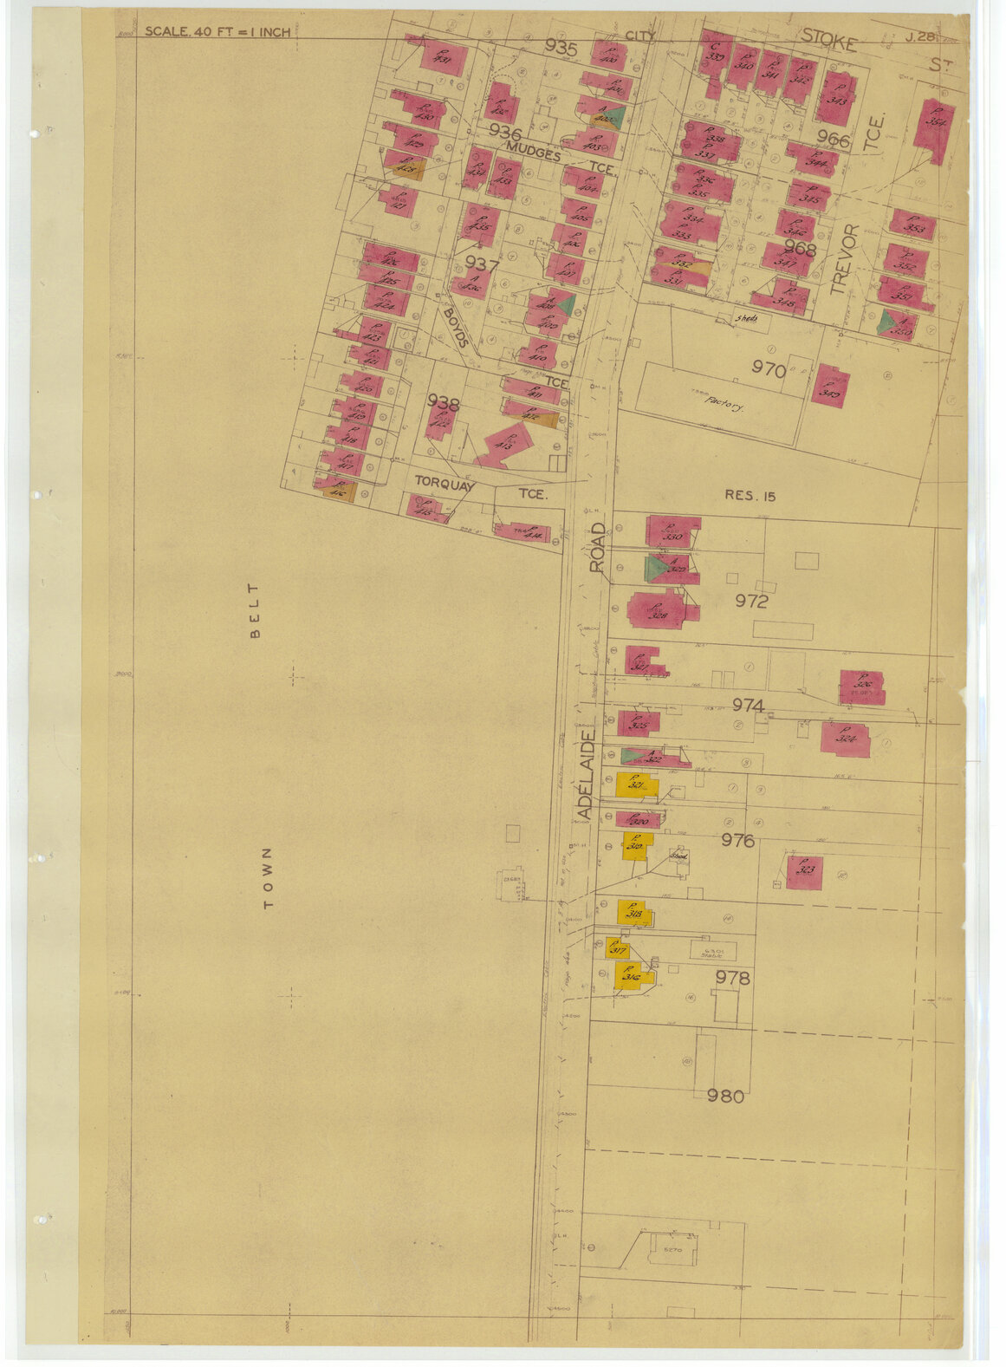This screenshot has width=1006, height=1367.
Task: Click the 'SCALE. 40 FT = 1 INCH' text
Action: tap(217, 32)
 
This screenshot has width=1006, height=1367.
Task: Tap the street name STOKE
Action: tap(828, 39)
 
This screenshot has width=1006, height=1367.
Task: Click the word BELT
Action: tap(255, 622)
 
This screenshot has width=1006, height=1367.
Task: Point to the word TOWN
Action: tap(268, 877)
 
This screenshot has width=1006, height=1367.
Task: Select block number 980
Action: tap(725, 1097)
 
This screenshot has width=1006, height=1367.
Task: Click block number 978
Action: tap(732, 978)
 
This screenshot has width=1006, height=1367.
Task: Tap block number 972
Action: tap(751, 601)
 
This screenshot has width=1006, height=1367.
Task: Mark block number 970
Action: tap(769, 371)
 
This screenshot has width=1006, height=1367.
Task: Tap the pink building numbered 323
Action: tap(805, 871)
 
